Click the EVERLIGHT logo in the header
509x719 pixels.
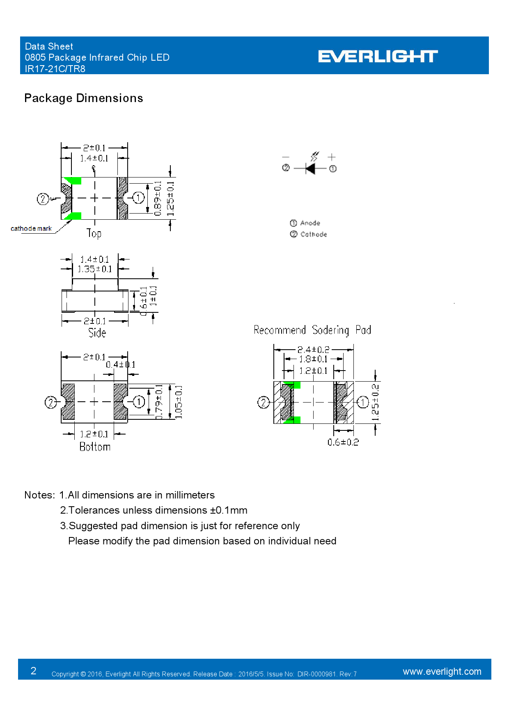pos(378,56)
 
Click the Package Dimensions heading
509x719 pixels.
pos(84,98)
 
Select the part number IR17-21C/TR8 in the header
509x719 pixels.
pos(55,69)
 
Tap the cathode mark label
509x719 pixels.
pos(31,229)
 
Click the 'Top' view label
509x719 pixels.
pos(94,233)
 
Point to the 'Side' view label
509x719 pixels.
pos(97,332)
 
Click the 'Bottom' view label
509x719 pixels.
pos(95,446)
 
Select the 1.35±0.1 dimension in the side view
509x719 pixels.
pos(95,269)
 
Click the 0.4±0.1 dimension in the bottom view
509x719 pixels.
pos(120,364)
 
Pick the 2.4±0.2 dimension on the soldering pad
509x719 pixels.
pos(313,350)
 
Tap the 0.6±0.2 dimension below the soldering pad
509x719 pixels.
pos(343,442)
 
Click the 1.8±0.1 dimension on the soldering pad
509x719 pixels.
pos(313,359)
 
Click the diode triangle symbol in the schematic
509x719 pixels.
pos(311,168)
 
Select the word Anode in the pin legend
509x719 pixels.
pos(310,223)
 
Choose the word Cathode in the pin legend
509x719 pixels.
pos(314,234)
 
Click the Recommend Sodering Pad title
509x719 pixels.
pos(312,330)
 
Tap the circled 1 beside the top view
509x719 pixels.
pos(138,198)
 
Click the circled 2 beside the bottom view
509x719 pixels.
pos(50,402)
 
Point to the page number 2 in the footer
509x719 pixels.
pos(34,671)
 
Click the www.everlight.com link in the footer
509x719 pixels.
pos(442,671)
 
